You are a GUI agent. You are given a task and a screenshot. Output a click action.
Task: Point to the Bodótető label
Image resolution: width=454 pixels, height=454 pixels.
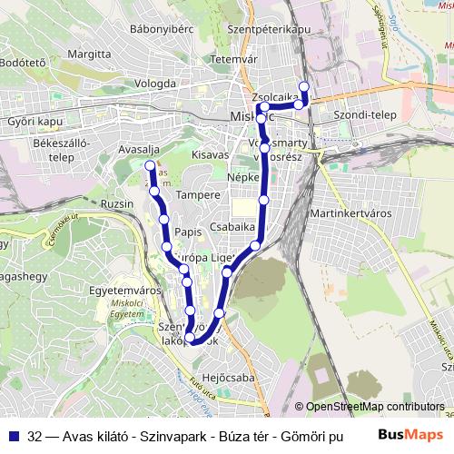(x=23, y=63)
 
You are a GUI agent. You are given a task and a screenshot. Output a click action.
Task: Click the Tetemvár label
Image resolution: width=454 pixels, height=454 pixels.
(x=229, y=59)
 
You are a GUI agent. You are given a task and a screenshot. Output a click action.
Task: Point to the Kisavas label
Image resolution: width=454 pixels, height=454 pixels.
(x=211, y=155)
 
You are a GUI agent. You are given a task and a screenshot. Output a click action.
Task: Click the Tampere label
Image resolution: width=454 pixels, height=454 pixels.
(x=198, y=194)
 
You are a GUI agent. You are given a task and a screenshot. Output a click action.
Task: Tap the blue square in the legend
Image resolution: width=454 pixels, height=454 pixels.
(x=15, y=437)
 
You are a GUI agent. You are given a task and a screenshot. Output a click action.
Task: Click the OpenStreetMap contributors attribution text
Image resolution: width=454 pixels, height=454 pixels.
(x=371, y=407)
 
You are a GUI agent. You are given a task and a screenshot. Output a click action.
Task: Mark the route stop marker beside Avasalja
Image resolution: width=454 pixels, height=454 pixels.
(x=150, y=164)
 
